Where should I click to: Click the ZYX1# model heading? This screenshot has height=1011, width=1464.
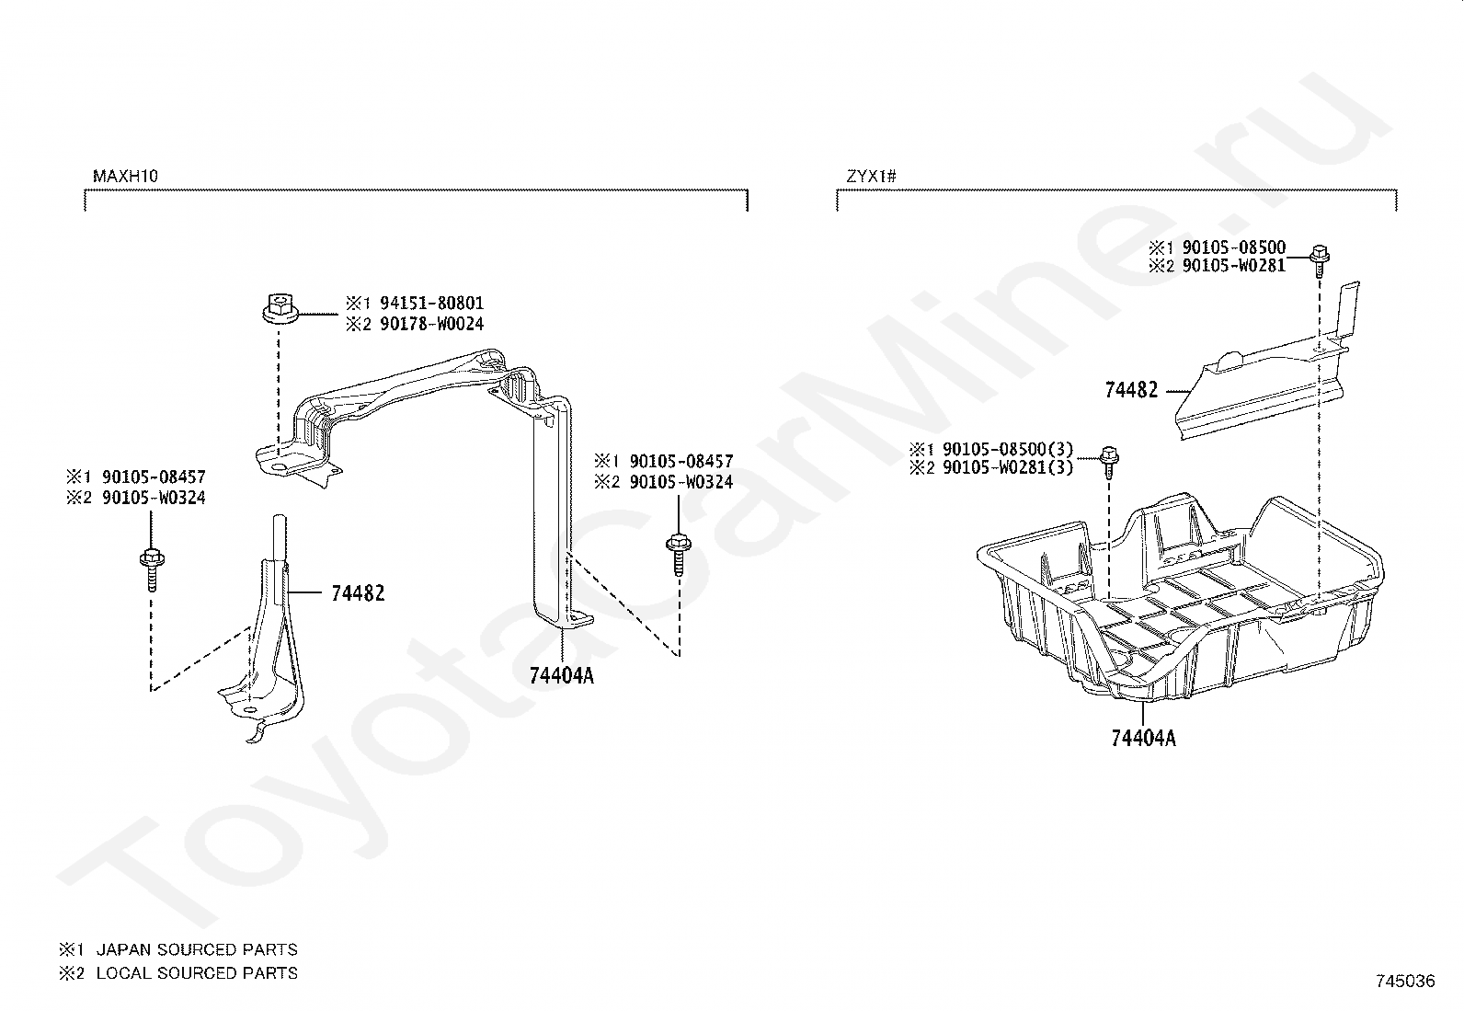coord(871,175)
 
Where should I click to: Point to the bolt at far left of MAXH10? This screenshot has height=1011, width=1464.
coord(149,565)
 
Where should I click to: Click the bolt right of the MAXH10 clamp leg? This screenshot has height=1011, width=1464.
coord(677,554)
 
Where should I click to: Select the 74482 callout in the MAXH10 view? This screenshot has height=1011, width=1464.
coord(358,594)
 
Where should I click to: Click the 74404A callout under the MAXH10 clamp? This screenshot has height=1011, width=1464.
coord(562,676)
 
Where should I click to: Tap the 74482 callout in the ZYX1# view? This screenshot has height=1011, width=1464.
coord(1131,390)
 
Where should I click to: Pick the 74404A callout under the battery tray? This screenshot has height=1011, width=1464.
coord(1143,738)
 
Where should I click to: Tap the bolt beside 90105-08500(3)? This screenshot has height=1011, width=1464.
coord(1108,460)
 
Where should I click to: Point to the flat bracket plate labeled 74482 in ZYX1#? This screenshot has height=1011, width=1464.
coord(1269,386)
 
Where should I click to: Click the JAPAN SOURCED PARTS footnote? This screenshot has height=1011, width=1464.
coord(196,949)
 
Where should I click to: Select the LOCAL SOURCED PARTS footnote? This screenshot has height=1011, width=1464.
coord(196,972)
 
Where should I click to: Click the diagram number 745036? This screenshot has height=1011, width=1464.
coord(1405,981)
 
